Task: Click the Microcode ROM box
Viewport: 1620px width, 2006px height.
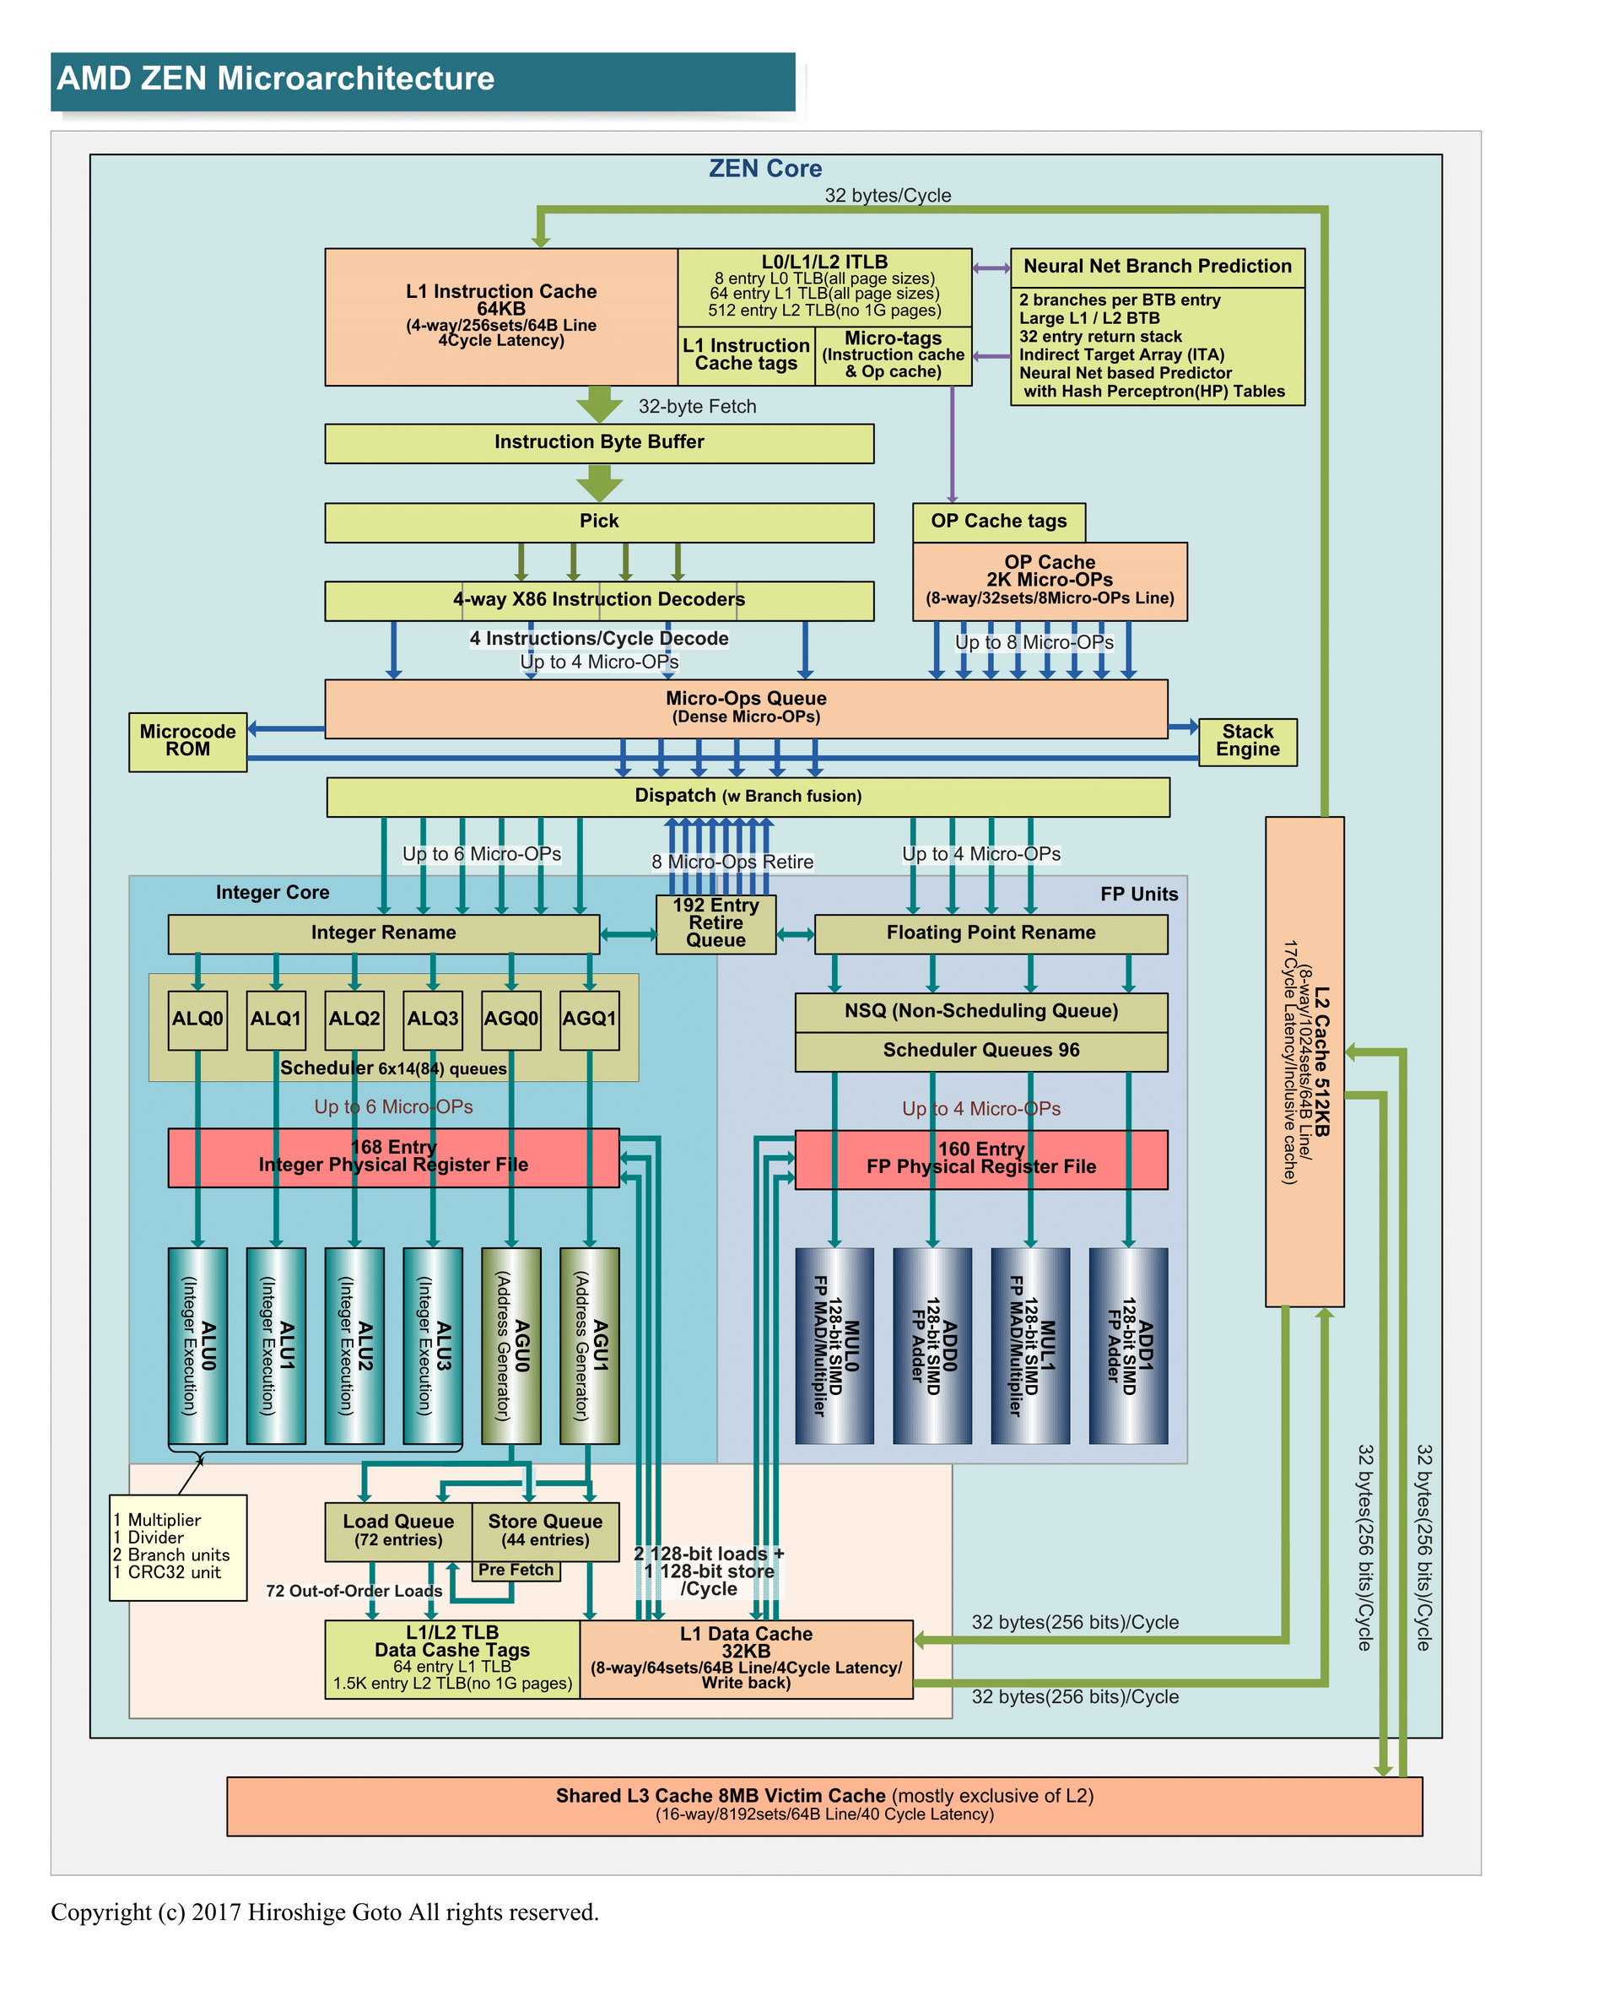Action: [x=187, y=742]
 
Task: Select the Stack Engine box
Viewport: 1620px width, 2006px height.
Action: [x=1247, y=742]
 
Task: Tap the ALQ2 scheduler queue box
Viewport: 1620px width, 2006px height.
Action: [x=354, y=1019]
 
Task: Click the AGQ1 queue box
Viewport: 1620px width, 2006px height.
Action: [x=589, y=1019]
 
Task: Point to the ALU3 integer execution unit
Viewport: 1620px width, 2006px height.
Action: [x=432, y=1345]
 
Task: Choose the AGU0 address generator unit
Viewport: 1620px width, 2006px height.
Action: [x=510, y=1345]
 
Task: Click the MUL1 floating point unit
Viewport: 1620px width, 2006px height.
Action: [x=1030, y=1345]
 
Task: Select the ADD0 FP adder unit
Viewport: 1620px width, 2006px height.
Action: [x=932, y=1345]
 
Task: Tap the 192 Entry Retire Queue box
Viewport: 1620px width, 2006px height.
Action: [x=715, y=923]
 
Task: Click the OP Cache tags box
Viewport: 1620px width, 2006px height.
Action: [x=998, y=522]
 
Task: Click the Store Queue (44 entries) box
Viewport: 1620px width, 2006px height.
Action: [x=545, y=1531]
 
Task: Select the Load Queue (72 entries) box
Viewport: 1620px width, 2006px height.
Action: [x=398, y=1531]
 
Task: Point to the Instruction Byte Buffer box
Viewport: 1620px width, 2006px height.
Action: [x=599, y=443]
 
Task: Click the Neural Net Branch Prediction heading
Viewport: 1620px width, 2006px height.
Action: [x=1157, y=267]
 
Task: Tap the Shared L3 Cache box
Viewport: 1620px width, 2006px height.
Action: [x=824, y=1805]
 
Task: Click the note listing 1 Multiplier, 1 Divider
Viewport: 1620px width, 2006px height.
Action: [x=177, y=1547]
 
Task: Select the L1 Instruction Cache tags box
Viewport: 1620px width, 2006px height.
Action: [x=746, y=355]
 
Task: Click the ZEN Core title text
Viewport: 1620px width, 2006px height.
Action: [x=765, y=169]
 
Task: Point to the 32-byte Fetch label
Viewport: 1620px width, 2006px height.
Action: [x=697, y=407]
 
